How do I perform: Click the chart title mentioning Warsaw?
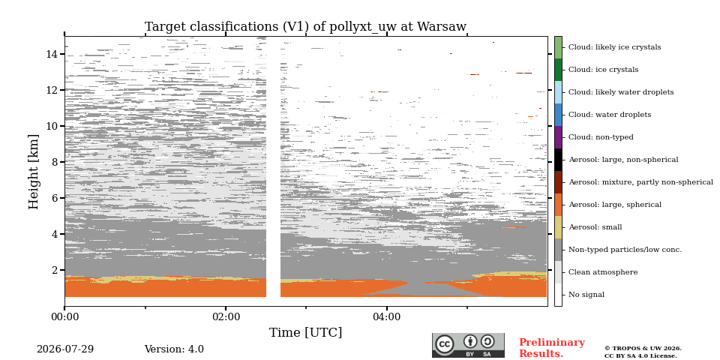(305, 27)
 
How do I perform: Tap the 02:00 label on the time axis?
(226, 317)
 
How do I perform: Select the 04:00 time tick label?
(387, 317)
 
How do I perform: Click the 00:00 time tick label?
(64, 317)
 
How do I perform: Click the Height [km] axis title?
(34, 172)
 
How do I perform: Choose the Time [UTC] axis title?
(305, 332)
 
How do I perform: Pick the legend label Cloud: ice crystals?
(603, 70)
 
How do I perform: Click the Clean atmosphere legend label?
(603, 272)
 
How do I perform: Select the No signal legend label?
(586, 295)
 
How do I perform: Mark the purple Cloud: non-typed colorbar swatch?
(558, 137)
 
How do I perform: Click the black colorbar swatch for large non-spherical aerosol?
(558, 160)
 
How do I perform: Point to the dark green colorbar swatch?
(558, 70)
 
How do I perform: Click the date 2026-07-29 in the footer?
(65, 349)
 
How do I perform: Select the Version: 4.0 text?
(174, 349)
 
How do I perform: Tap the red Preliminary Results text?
(552, 348)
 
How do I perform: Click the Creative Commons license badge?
(468, 345)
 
